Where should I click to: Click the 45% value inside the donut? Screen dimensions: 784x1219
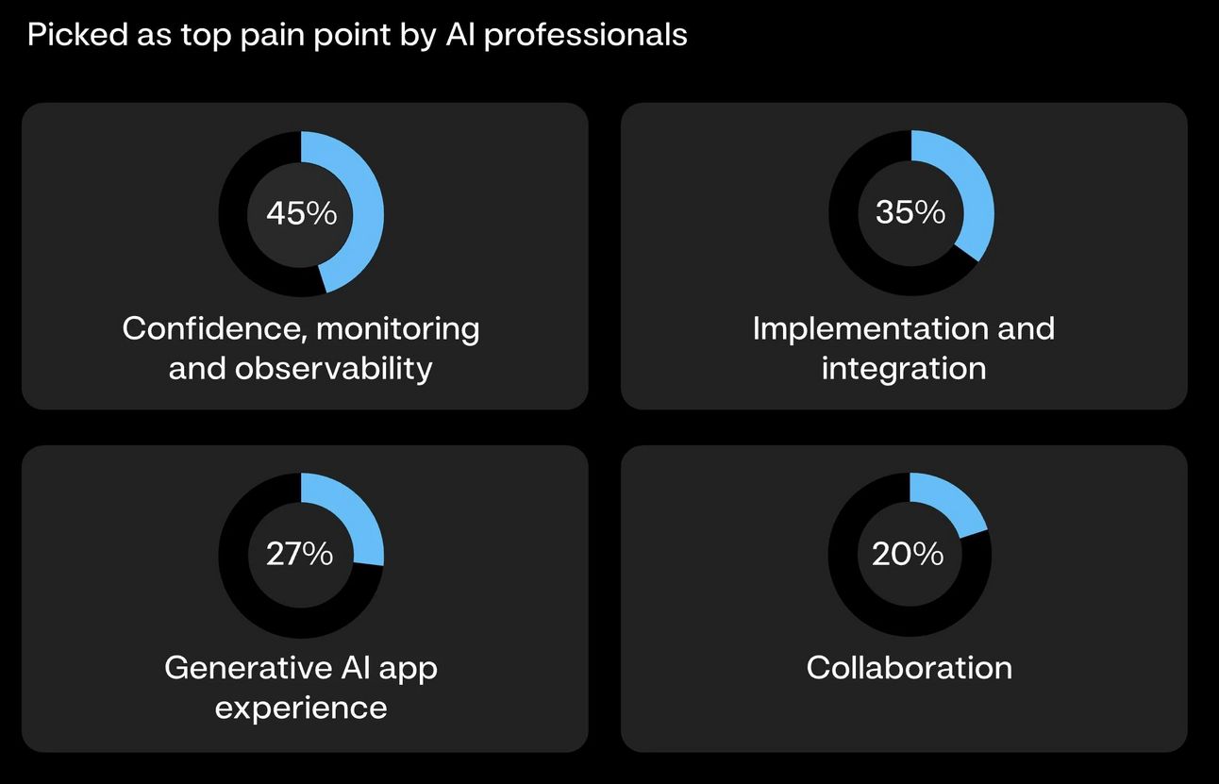tap(301, 213)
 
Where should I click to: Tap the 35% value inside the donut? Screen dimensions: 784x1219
tap(910, 212)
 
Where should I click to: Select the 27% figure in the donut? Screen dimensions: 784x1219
tap(300, 554)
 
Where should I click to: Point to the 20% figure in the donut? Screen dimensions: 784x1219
tap(908, 554)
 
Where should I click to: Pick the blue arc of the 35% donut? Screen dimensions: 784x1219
tap(972, 189)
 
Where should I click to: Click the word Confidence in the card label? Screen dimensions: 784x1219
tap(213, 329)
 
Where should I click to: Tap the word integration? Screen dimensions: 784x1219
tap(904, 368)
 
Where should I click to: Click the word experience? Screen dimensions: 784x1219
tap(301, 708)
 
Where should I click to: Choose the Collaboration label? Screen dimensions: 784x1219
tap(910, 668)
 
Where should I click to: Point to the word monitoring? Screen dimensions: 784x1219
tap(397, 329)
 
